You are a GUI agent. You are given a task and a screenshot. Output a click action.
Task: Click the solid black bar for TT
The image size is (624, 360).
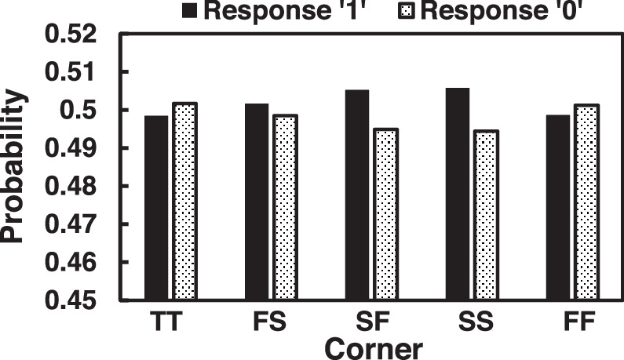click(x=156, y=207)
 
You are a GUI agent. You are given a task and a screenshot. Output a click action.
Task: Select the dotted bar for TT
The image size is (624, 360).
click(x=185, y=201)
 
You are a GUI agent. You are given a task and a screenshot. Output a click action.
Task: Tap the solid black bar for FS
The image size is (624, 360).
click(x=257, y=202)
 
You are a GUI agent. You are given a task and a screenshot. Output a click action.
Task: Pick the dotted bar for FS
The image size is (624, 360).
click(x=286, y=207)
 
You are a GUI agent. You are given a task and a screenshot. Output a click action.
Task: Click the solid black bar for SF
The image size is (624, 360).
click(x=357, y=195)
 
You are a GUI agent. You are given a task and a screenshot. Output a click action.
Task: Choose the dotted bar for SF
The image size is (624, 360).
click(x=387, y=213)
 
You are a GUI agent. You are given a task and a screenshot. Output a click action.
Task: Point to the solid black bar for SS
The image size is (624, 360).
click(x=458, y=193)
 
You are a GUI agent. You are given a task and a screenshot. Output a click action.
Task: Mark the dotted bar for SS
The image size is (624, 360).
click(x=487, y=214)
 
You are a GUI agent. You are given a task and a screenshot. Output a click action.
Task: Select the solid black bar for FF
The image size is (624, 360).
click(x=558, y=207)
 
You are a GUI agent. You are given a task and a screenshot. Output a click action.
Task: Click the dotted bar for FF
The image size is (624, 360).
click(x=587, y=202)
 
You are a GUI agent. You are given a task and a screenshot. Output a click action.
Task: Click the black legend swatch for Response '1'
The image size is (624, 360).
click(x=190, y=11)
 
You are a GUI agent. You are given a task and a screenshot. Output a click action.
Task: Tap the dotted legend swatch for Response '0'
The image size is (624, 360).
click(x=407, y=11)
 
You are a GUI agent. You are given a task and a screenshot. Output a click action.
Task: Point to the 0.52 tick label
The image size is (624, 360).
click(x=71, y=35)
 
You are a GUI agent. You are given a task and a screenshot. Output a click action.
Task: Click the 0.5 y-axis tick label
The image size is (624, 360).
click(x=78, y=110)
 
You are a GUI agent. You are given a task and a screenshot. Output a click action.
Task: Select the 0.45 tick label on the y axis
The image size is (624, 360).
click(x=71, y=300)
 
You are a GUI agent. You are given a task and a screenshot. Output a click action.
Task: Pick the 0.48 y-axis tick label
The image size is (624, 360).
click(x=71, y=187)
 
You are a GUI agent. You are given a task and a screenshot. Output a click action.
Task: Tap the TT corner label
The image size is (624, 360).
click(x=166, y=321)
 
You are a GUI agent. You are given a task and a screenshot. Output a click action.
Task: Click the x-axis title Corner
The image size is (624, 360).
click(x=374, y=349)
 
